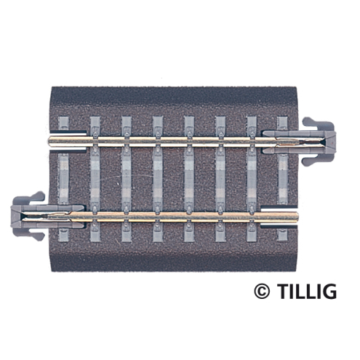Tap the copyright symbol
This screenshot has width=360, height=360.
tap(261, 292)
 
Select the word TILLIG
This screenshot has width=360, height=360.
tap(305, 292)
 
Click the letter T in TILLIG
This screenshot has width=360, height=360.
tap(280, 292)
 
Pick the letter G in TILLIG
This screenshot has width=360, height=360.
tap(329, 292)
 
